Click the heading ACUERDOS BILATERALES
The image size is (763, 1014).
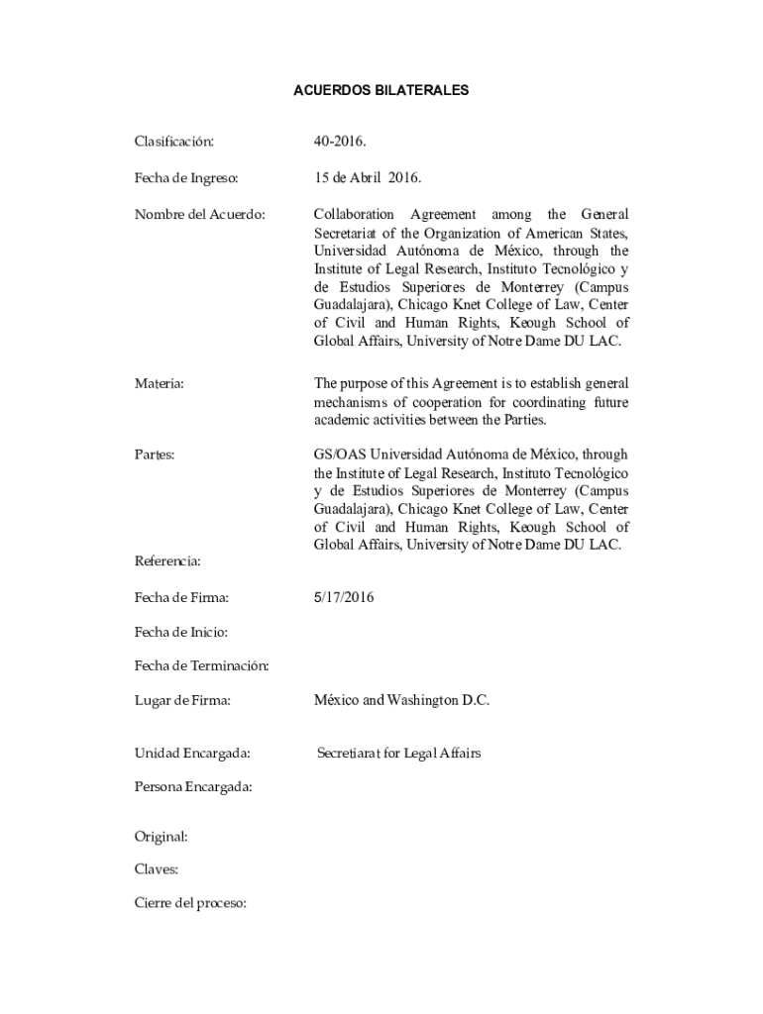[x=381, y=90]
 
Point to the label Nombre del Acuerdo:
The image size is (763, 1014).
[x=199, y=215]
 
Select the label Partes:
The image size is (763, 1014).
[x=155, y=455]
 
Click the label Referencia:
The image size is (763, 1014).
[x=167, y=561]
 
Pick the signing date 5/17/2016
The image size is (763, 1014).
[x=344, y=597]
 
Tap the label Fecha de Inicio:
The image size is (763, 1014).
[x=181, y=632]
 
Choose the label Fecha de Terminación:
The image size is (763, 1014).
[x=201, y=665]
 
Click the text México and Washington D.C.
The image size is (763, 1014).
[x=401, y=700]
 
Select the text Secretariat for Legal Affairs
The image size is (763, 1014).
[x=398, y=754]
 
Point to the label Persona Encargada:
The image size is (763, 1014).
[x=193, y=787]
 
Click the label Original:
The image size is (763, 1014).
[x=161, y=837]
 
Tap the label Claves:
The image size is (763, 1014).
[x=157, y=869]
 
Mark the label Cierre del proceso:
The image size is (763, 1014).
[x=190, y=903]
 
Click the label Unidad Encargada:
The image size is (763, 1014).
[x=191, y=754]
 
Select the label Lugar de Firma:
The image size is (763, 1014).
[x=182, y=700]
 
